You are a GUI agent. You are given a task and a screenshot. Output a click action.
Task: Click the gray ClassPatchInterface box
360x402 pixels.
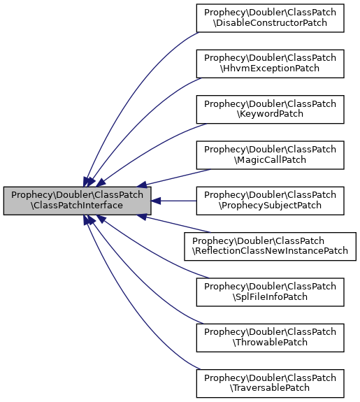[x=78, y=201]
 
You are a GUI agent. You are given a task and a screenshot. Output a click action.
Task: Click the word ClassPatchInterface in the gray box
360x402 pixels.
[x=78, y=206]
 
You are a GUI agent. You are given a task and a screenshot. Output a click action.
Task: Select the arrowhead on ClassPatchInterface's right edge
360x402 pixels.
[x=157, y=201]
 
